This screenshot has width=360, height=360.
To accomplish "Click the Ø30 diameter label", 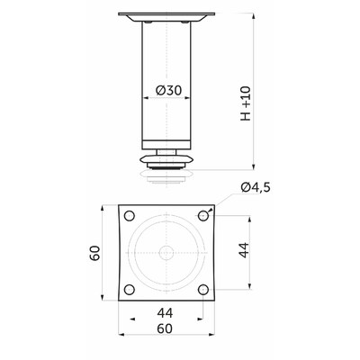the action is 169,90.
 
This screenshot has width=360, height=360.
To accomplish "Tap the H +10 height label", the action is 246,103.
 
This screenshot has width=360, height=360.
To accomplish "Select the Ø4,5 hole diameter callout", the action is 256,187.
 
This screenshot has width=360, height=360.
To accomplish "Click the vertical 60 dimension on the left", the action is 95,253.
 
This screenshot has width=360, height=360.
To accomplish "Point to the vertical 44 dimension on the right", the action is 244,250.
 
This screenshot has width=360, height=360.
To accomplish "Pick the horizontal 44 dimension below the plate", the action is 165,313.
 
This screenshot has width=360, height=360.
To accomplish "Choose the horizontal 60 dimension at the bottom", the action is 165,328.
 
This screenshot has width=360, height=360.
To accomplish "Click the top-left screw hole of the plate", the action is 130,216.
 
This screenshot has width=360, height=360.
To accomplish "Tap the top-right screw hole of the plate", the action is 203,216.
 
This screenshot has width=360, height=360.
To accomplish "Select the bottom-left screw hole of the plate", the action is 130,290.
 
